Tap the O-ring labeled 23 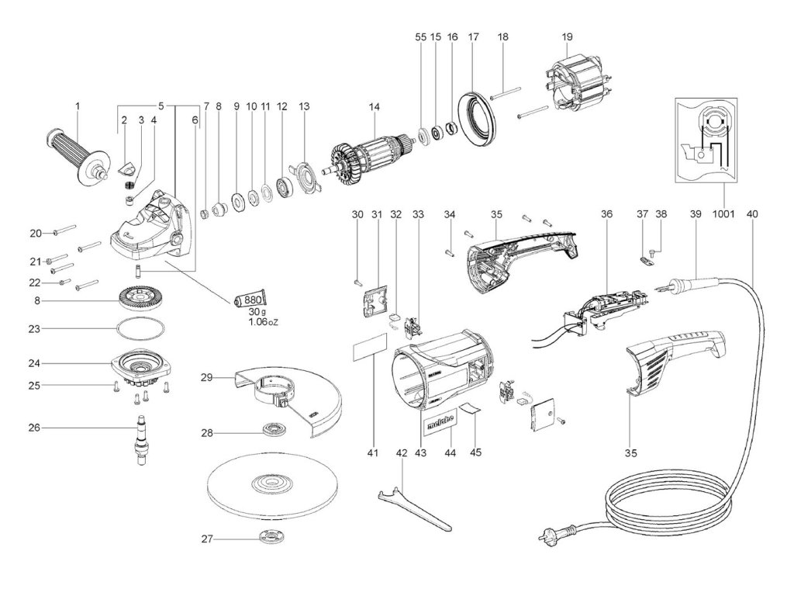(142, 328)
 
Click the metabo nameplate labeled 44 (440, 423)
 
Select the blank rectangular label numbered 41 (369, 351)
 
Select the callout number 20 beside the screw (35, 232)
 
